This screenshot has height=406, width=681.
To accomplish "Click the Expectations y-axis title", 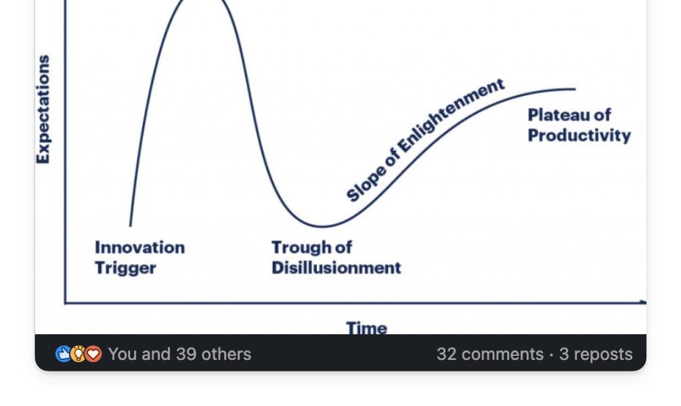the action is tap(43, 109).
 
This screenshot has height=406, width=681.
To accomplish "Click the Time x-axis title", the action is tap(366, 328).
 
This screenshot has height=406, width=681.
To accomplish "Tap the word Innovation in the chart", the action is tap(140, 248).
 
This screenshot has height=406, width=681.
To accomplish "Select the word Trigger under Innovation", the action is tap(125, 268).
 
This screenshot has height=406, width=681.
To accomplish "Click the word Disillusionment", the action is tap(336, 268).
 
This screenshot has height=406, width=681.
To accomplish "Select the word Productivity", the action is tap(579, 135).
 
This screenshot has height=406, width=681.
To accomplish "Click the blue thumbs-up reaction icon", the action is tap(64, 354).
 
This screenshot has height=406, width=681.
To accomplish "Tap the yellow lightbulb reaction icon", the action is tap(78, 354).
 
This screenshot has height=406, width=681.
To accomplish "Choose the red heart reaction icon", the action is tap(93, 354).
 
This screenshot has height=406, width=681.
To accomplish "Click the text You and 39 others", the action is tap(180, 354).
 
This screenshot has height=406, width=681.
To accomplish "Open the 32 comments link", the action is tap(490, 354).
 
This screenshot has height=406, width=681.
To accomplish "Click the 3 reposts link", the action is tap(596, 355).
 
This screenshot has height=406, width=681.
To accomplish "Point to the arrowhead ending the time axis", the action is tap(644, 302).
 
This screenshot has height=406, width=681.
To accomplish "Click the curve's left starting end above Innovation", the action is tap(130, 225).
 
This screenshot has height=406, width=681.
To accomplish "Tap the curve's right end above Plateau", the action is tap(575, 89).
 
